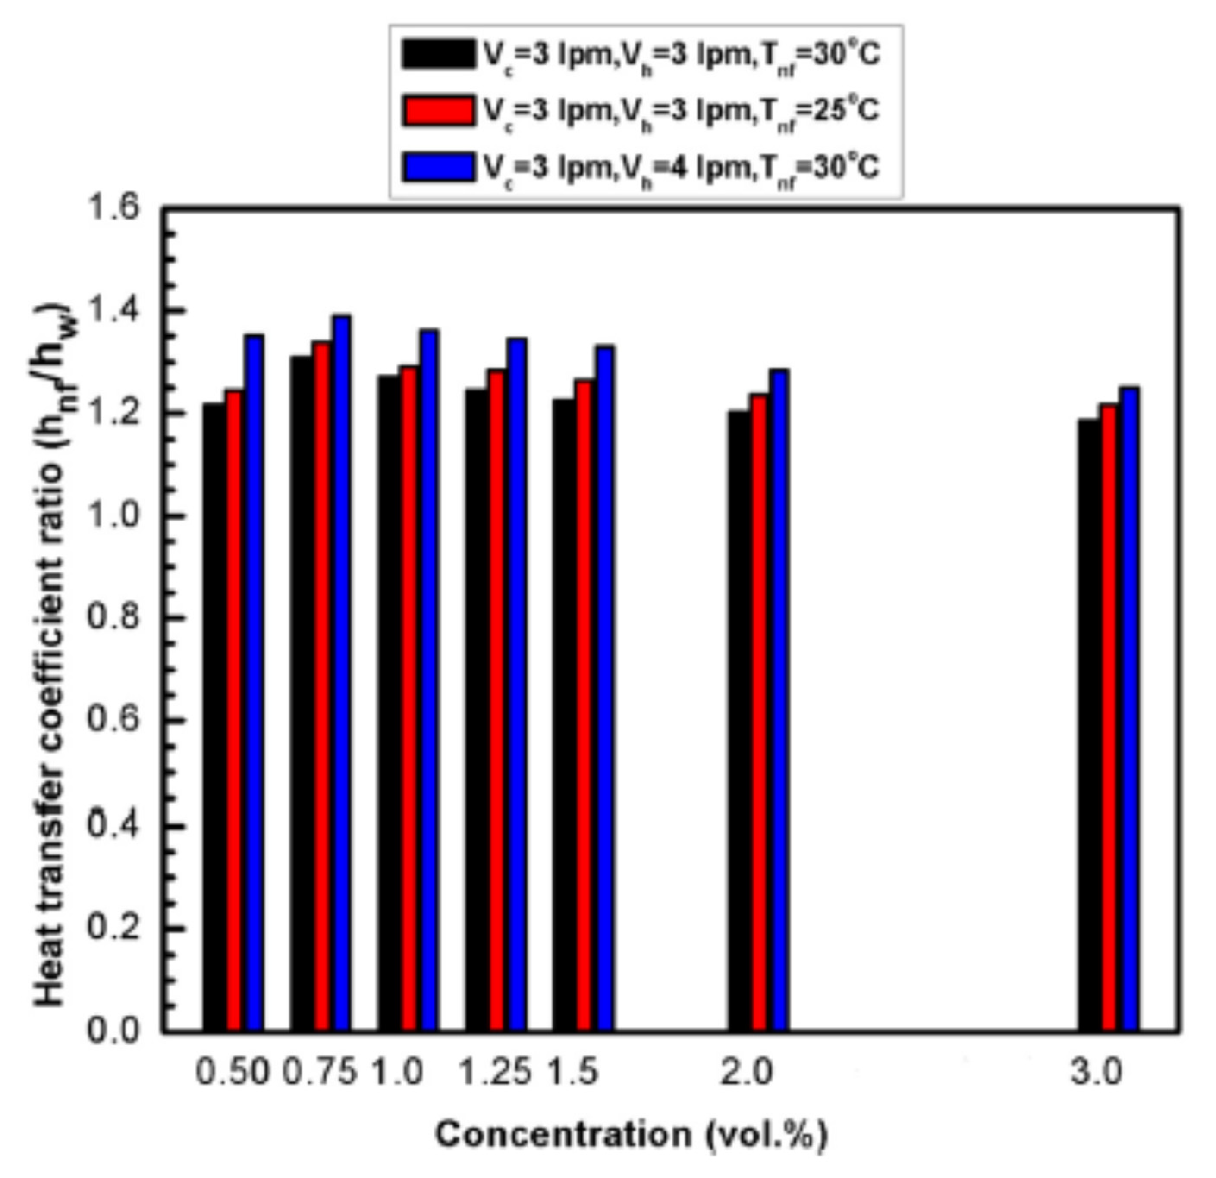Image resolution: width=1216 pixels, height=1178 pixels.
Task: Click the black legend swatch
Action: pos(437,55)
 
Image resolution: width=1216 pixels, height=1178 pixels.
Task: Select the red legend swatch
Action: pos(437,110)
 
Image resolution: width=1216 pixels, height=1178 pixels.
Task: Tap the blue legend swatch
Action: pos(437,166)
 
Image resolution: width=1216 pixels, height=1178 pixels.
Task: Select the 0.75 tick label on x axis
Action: pos(320,1072)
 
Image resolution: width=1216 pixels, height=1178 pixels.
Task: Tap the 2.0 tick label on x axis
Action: pos(747,1072)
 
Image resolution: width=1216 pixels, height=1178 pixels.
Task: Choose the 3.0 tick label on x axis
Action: pos(1097,1072)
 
